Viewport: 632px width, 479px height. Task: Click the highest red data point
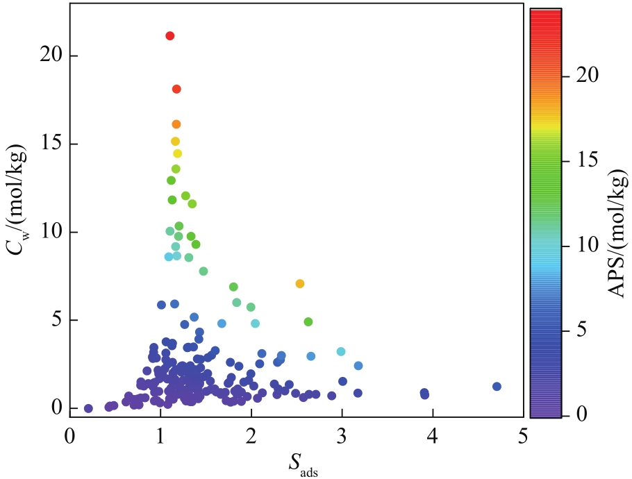coord(170,36)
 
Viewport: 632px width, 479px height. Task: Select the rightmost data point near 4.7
coord(497,387)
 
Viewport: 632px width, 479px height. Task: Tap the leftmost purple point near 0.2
coord(88,408)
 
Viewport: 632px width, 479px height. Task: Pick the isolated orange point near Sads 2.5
coord(300,283)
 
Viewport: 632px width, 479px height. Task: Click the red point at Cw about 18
coord(176,89)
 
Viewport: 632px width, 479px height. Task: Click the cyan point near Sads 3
coord(341,352)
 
